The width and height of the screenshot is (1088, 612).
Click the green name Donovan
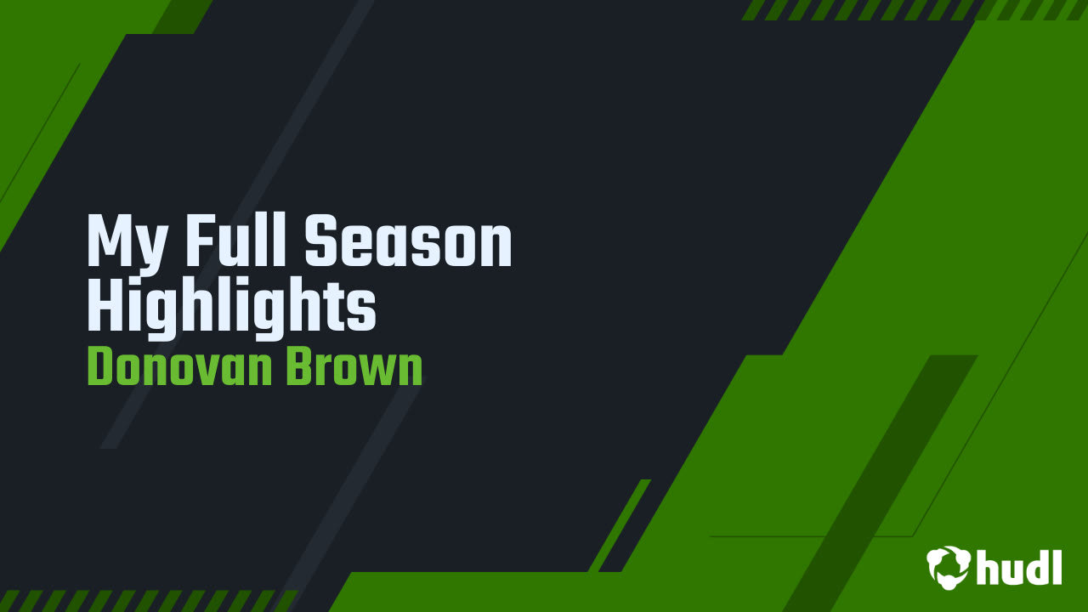click(x=180, y=367)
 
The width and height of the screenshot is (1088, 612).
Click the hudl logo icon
click(x=949, y=566)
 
